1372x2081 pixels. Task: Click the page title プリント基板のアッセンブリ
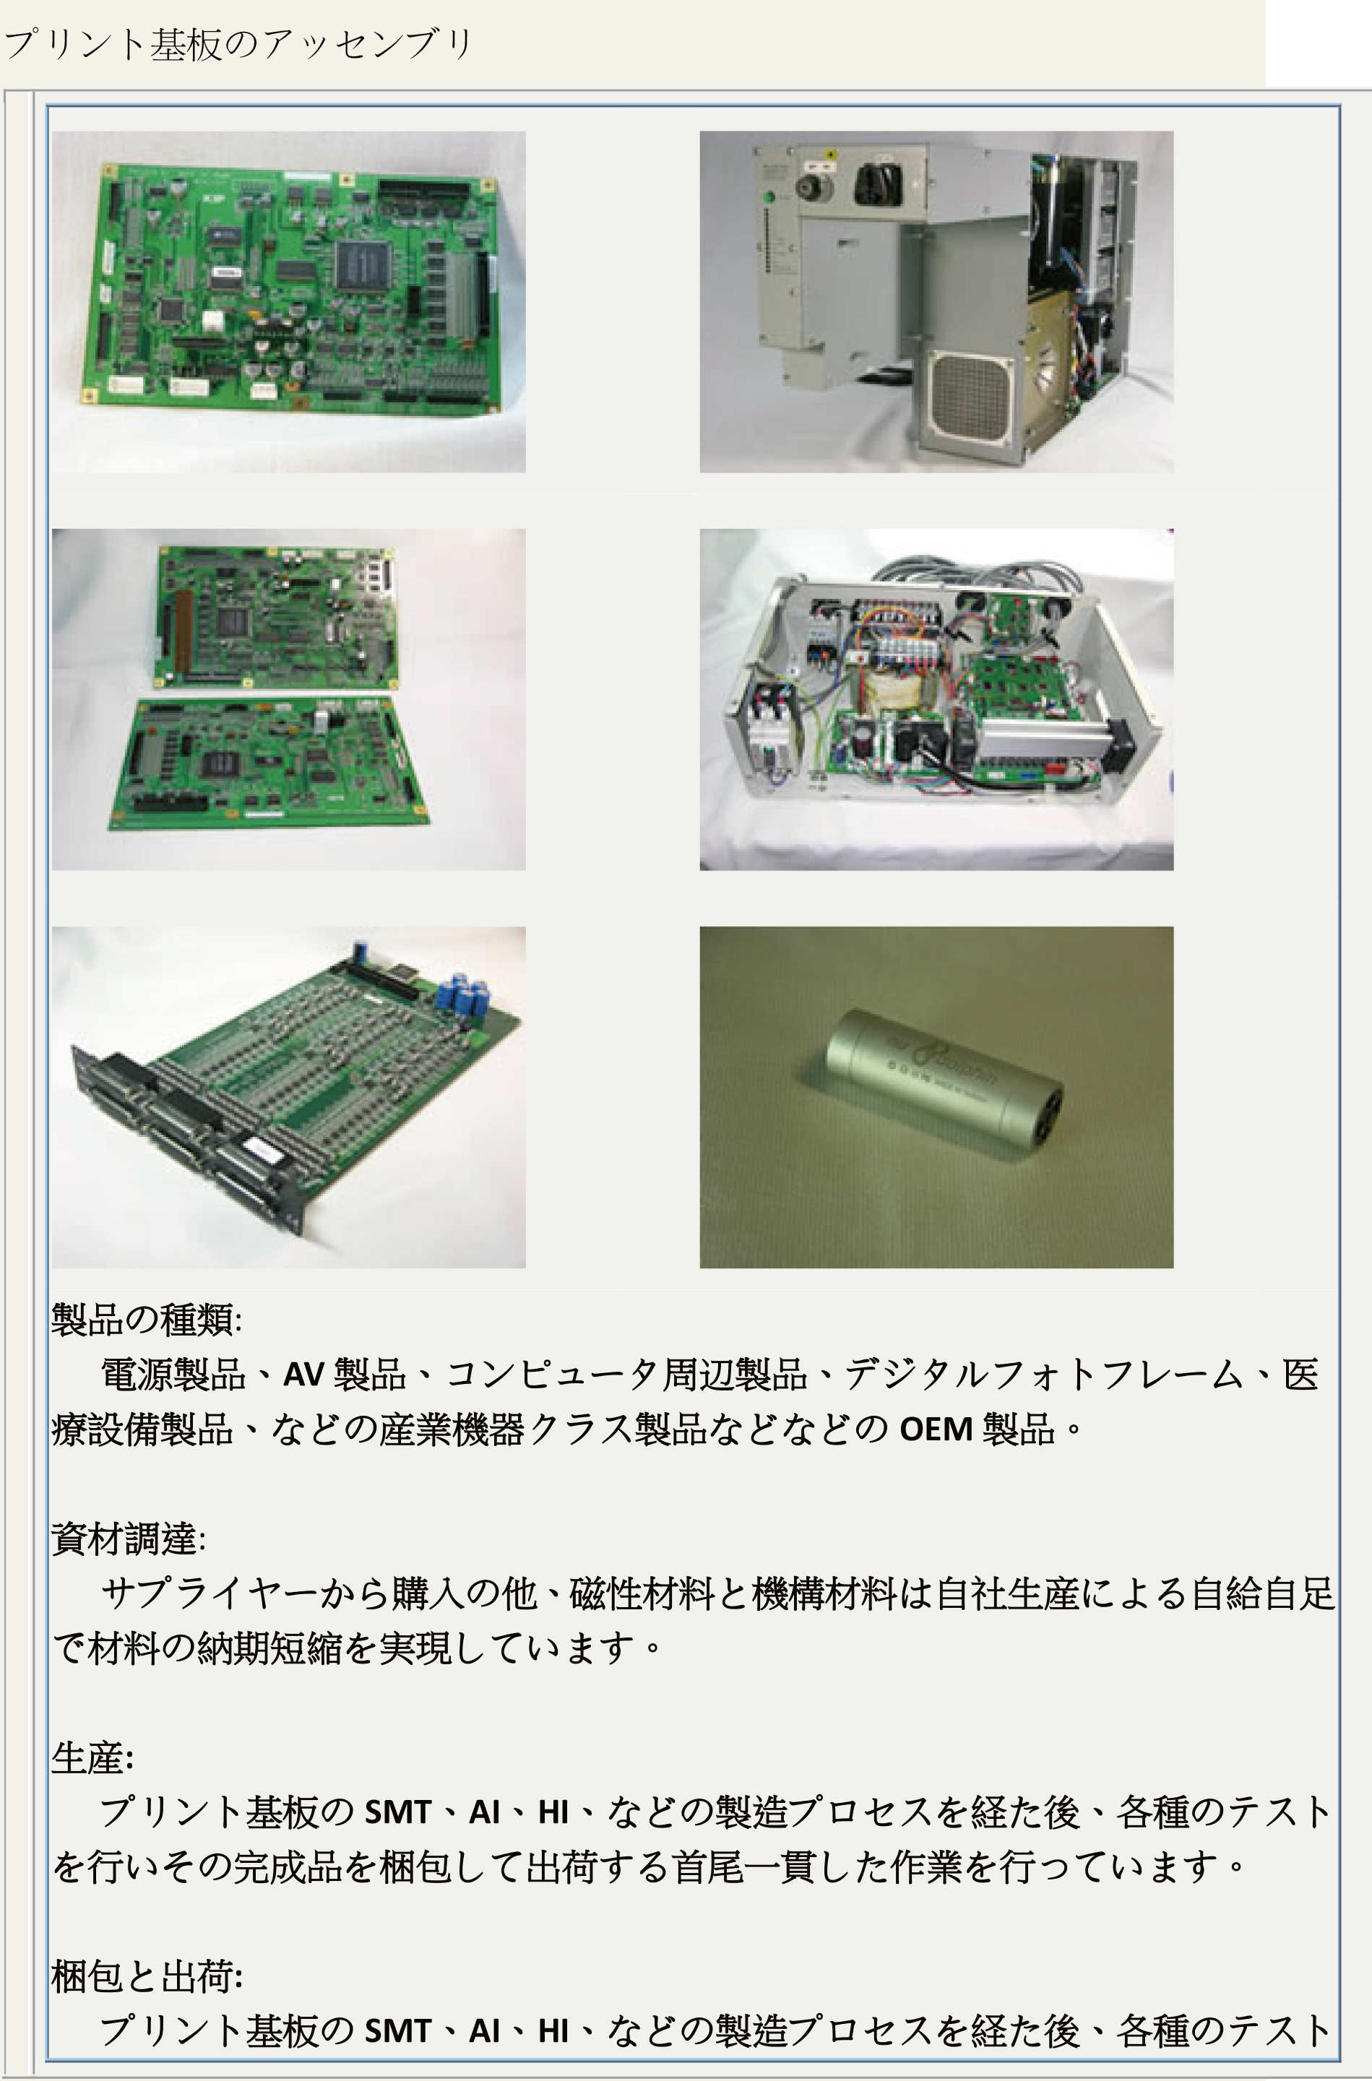point(238,45)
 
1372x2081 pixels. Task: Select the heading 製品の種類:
point(146,1319)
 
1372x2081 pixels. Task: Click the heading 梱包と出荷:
point(147,1977)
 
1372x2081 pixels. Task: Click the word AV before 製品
point(303,1375)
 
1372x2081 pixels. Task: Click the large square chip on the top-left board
point(362,261)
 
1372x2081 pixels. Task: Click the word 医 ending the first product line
point(1300,1375)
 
